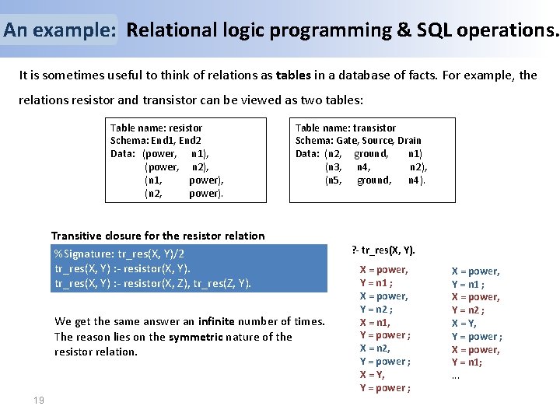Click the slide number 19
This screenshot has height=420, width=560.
point(38,400)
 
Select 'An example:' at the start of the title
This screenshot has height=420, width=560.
point(60,30)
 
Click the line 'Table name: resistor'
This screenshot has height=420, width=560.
point(156,128)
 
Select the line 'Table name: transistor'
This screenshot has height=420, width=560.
point(345,128)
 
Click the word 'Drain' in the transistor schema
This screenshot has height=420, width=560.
point(409,141)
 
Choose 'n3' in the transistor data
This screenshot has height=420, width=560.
point(334,167)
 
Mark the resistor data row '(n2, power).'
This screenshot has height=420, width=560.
point(184,194)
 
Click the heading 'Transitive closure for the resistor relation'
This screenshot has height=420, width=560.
point(158,236)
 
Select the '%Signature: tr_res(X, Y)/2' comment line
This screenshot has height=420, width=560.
point(119,254)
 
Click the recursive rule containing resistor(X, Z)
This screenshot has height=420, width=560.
point(153,283)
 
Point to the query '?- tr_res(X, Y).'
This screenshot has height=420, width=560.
point(383,250)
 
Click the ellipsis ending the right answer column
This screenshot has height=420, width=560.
point(456,376)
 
